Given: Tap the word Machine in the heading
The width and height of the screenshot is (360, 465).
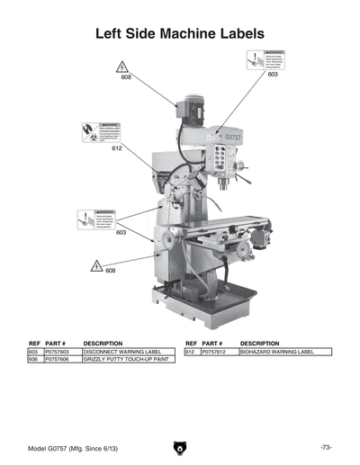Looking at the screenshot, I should [x=164, y=33].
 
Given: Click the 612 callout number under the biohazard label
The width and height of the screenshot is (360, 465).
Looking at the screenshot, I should [x=117, y=148].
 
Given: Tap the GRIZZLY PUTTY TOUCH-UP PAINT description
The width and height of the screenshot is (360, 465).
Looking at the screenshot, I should [x=126, y=360].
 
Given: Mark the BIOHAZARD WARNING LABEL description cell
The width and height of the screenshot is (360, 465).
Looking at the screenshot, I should [x=277, y=352].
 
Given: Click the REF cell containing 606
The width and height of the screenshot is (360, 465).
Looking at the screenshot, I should [x=33, y=360].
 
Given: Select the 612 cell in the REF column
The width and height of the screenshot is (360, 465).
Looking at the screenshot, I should [x=190, y=352].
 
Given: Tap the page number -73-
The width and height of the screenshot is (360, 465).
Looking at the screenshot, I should [x=326, y=447].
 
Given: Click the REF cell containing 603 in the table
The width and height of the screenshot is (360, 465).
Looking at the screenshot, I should [x=33, y=352].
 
